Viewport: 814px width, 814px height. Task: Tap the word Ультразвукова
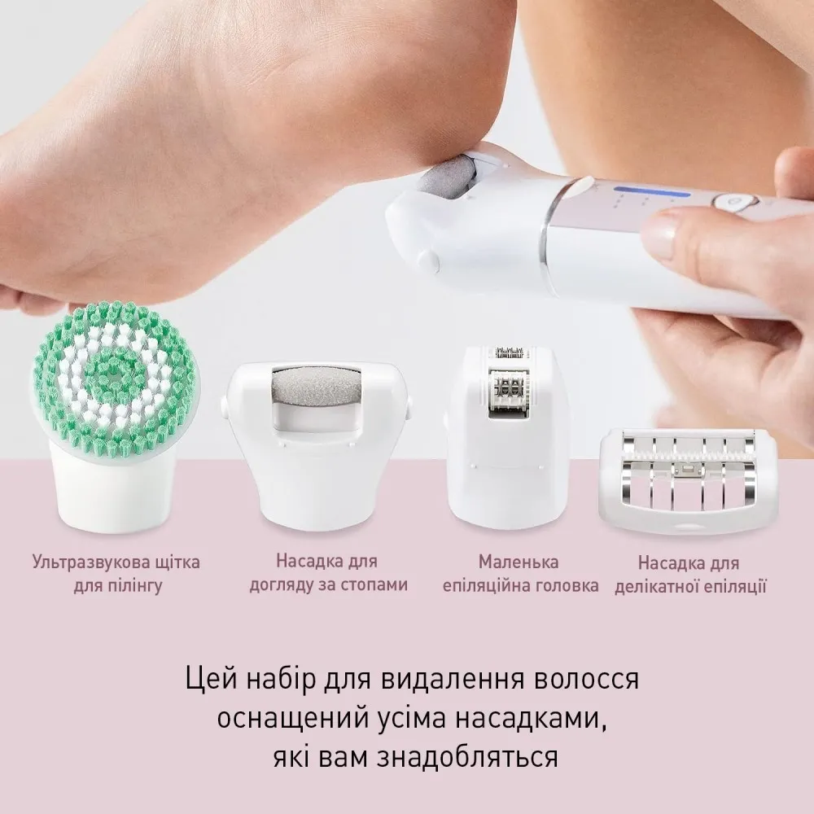click(x=87, y=562)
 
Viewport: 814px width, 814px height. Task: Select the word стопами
click(x=374, y=585)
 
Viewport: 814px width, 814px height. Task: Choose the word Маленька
click(x=518, y=562)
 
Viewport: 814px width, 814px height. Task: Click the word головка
click(x=567, y=585)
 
